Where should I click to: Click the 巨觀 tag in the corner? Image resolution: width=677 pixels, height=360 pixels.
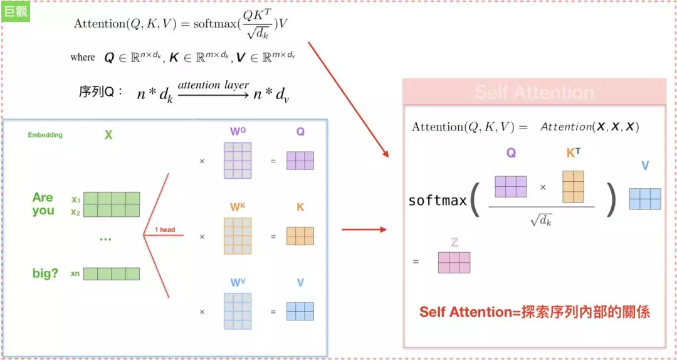tap(16, 12)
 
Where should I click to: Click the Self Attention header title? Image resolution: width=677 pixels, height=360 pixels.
tap(534, 93)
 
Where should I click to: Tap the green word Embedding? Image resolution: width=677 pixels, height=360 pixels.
tap(45, 135)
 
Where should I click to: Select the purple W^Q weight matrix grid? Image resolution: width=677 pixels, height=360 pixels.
tap(238, 161)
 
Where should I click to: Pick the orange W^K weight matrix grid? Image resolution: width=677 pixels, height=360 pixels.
tap(238, 236)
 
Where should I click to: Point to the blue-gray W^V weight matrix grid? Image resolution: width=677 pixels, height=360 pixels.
tap(238, 311)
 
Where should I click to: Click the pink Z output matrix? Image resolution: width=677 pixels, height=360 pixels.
tap(454, 262)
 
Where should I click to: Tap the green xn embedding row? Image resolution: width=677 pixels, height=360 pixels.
tap(111, 273)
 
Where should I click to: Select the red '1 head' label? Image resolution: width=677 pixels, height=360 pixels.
tap(165, 230)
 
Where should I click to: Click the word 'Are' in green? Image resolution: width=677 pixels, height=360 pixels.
tap(43, 198)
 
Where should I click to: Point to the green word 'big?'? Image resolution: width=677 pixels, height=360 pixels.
tap(45, 273)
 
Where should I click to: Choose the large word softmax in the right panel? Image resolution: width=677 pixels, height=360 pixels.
tap(438, 201)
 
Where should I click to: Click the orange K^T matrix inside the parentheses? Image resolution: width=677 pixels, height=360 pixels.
tap(573, 186)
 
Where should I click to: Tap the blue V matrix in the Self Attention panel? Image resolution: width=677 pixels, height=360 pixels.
tap(645, 198)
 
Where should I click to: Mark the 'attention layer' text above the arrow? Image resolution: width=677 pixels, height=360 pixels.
tap(213, 85)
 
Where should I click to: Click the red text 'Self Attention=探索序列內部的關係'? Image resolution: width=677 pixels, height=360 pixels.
tap(534, 312)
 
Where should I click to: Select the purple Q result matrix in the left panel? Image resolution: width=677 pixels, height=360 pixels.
tap(300, 161)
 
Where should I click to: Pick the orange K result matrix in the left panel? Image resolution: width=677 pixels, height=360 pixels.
tap(300, 236)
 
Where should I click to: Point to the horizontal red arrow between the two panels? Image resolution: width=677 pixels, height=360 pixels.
tap(364, 230)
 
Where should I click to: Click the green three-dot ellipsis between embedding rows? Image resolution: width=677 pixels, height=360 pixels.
tap(105, 239)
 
